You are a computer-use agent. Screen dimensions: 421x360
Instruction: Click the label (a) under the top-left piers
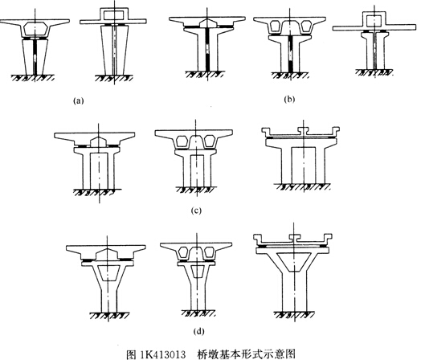click(79, 101)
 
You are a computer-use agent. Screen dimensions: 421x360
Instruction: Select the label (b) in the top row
click(289, 100)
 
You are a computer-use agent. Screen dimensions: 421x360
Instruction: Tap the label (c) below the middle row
click(196, 211)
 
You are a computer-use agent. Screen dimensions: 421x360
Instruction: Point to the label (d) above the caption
click(198, 332)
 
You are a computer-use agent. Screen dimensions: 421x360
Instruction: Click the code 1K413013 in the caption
click(163, 354)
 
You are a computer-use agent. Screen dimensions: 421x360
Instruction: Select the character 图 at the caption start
click(132, 354)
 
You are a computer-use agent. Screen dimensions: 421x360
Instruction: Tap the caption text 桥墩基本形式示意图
click(247, 354)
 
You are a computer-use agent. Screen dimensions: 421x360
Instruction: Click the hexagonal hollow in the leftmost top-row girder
click(35, 29)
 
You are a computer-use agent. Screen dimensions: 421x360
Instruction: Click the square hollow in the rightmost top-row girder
click(374, 21)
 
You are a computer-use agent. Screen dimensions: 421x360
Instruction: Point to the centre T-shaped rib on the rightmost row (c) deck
click(304, 131)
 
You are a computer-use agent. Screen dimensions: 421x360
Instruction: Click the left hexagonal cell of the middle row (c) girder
click(183, 141)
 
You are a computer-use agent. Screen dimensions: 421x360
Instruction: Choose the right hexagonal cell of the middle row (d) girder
click(210, 253)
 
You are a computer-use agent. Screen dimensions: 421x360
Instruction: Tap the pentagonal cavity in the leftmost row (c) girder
click(99, 141)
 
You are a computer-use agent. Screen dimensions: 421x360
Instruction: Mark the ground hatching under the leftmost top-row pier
click(33, 78)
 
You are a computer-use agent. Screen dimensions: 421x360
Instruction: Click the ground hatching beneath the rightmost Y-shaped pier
click(294, 315)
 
